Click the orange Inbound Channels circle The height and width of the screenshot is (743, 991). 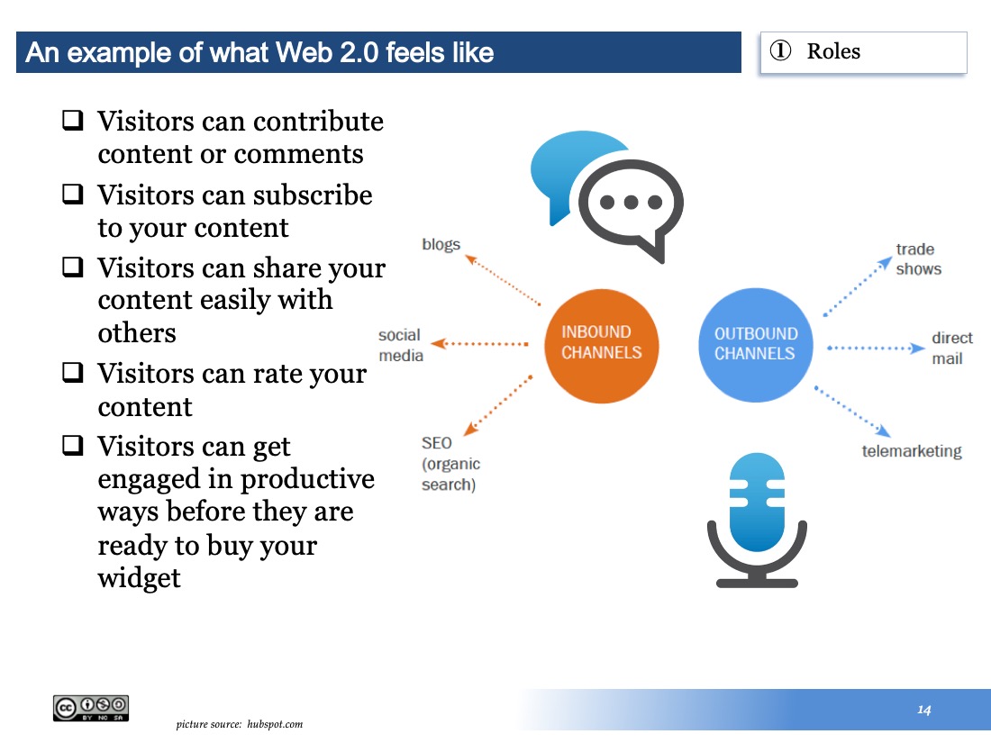tap(601, 346)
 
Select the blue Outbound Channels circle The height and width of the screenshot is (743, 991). tap(755, 345)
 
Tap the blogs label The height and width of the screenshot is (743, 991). tap(441, 245)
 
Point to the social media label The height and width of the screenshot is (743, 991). tap(401, 345)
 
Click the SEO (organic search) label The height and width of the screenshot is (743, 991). tap(450, 464)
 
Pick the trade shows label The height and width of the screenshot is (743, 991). tap(918, 259)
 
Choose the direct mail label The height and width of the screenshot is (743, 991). tap(952, 349)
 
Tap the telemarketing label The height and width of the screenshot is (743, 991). tap(912, 451)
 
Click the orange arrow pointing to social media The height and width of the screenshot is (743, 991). tap(479, 344)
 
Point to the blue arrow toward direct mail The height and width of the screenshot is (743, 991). tap(877, 349)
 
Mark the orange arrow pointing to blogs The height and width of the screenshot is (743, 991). tap(503, 279)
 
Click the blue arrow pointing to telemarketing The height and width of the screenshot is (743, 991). tap(852, 412)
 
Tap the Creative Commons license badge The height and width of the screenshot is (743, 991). tap(91, 708)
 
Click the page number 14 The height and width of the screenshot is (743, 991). tap(924, 711)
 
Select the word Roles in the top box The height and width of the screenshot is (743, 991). tap(833, 51)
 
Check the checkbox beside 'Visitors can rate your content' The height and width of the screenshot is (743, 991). tap(73, 372)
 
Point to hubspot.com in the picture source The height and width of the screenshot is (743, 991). tap(275, 724)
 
